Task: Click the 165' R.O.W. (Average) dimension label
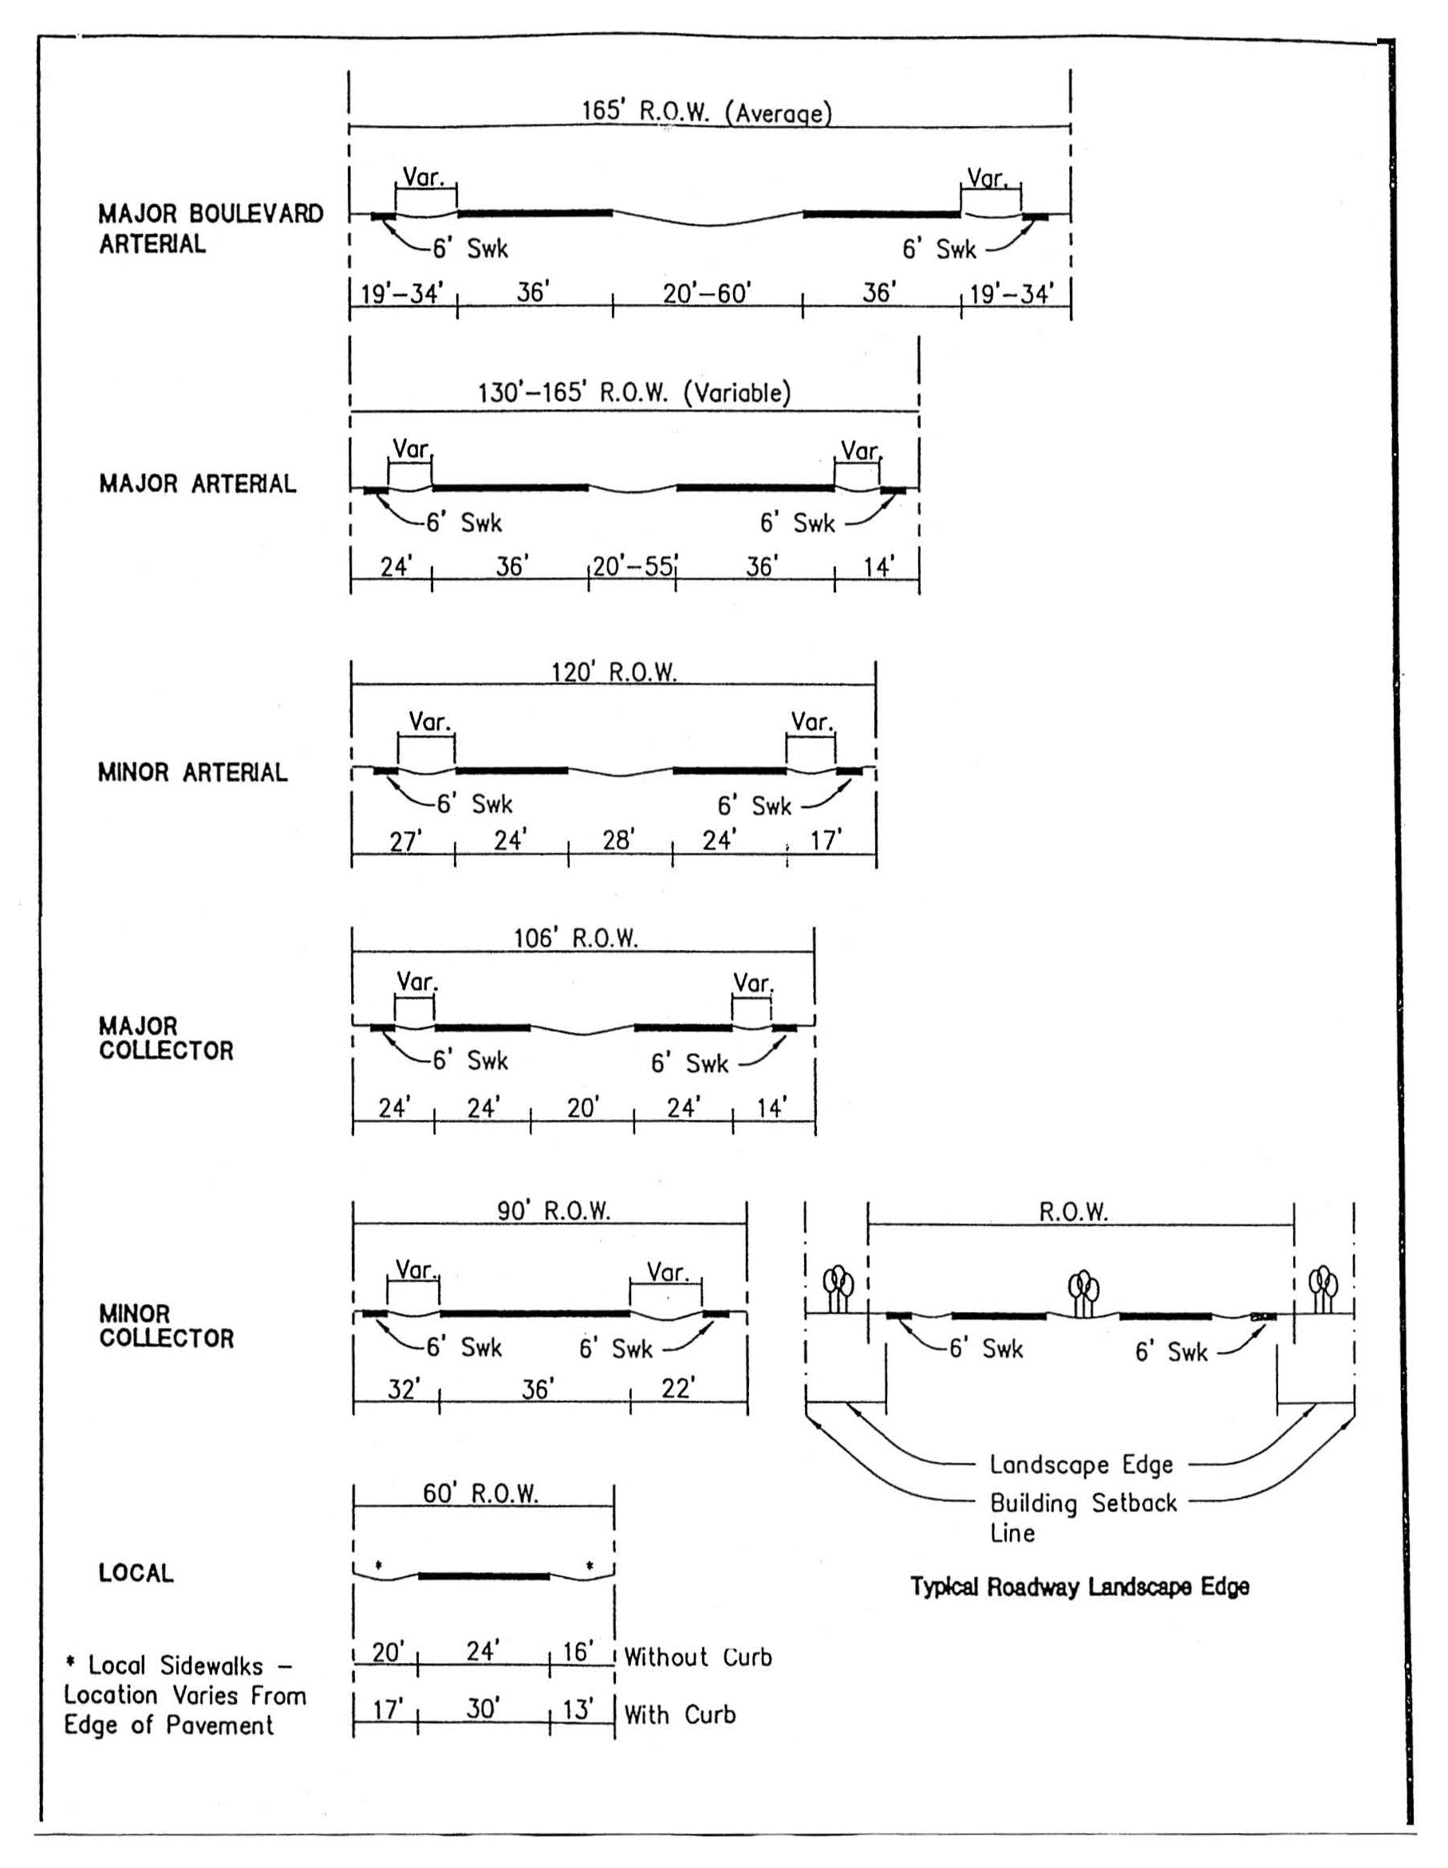pos(707,113)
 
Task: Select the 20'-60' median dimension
pos(707,294)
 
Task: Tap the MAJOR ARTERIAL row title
pos(198,484)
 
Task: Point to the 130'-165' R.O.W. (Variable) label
pos(633,392)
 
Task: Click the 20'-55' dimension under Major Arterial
pos(633,566)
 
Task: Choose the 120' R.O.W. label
pos(614,672)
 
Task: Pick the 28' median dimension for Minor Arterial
pos(617,840)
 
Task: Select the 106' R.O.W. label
pos(575,938)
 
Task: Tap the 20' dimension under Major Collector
pos(582,1108)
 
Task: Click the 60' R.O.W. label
pos(480,1493)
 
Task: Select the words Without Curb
pos(698,1657)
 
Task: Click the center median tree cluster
pos(1083,1294)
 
